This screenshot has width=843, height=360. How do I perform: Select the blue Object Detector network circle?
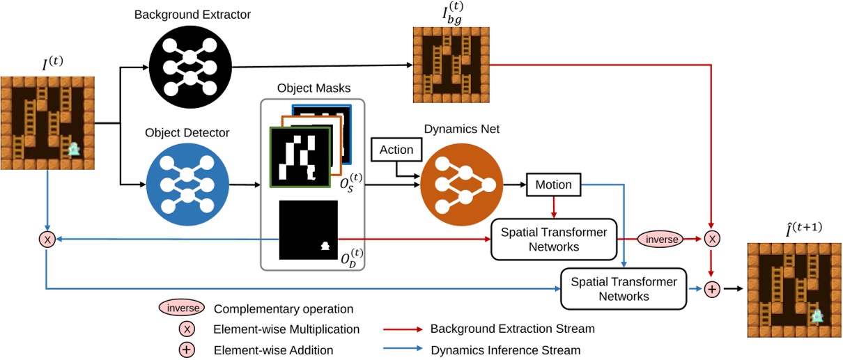[187, 185]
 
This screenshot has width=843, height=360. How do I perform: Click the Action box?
[396, 150]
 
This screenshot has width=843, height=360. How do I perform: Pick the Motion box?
[554, 185]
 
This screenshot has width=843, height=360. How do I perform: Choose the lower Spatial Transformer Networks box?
[624, 288]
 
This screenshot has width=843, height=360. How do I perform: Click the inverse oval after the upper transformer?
[656, 238]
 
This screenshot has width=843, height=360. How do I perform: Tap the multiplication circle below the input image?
[47, 239]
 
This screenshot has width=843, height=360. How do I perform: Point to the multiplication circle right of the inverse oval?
[711, 239]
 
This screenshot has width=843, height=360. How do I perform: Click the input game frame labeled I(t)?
[47, 123]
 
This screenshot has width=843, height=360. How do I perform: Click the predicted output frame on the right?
[794, 289]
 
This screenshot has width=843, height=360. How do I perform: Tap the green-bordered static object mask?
[299, 157]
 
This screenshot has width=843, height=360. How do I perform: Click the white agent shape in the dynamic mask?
[324, 246]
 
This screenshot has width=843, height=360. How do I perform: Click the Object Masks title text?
[313, 89]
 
